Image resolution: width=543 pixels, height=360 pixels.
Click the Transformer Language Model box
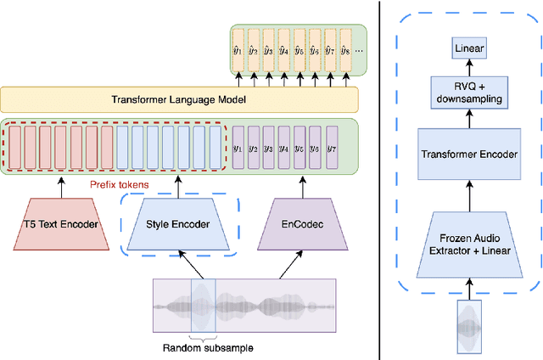point(179,100)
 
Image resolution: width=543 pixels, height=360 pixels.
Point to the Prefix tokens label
point(118,183)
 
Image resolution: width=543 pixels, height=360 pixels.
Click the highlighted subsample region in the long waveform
point(203,306)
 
